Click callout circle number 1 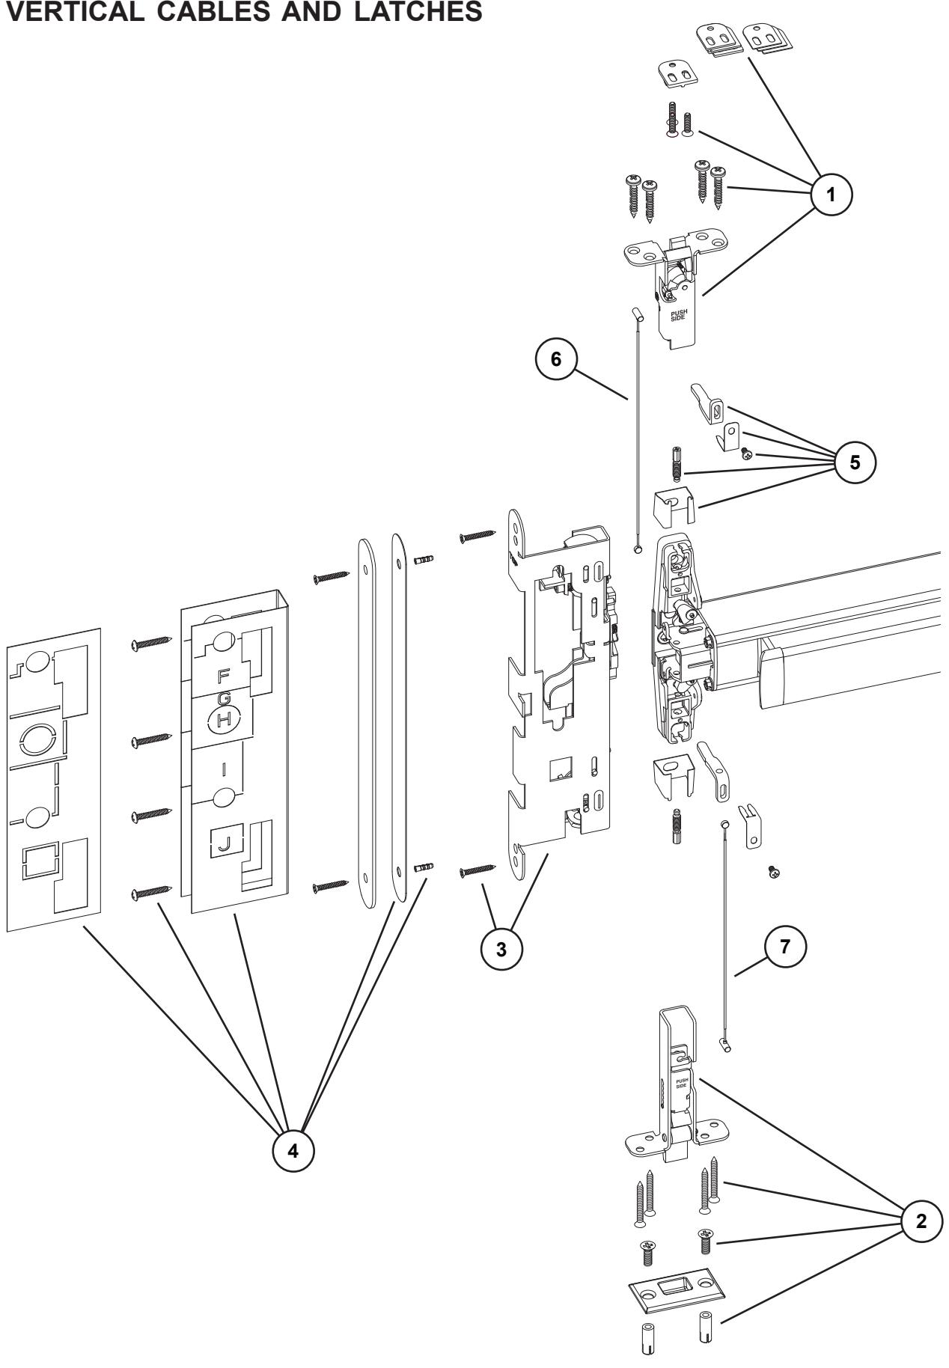coord(831,194)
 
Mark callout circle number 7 coord(784,946)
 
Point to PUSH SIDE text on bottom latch coord(682,1084)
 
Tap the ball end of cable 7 coord(724,822)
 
